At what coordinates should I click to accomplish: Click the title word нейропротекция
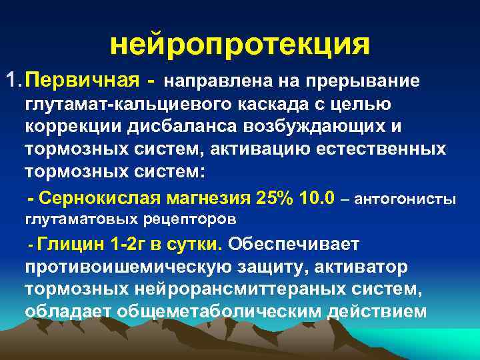[239, 45]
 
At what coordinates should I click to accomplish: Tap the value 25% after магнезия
[274, 198]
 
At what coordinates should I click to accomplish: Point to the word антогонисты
[408, 199]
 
